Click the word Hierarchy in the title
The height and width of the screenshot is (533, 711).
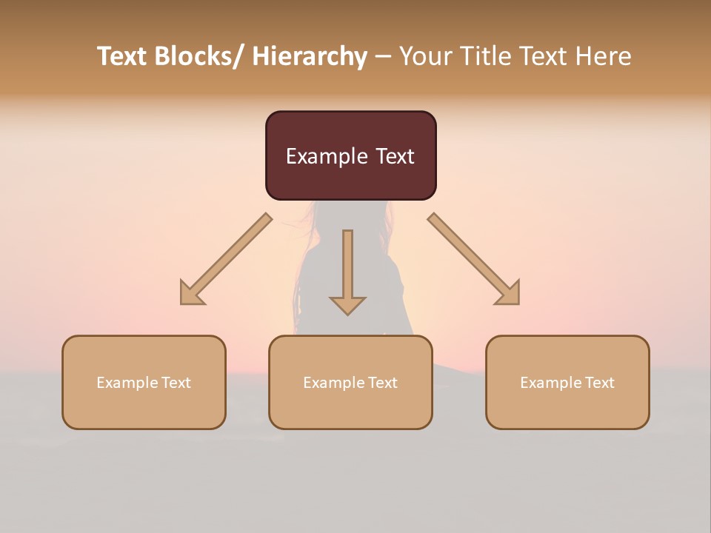pos(309,56)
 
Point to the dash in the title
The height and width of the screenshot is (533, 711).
pos(383,57)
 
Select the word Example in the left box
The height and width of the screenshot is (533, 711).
pos(127,383)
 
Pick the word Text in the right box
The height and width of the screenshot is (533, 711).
pos(599,383)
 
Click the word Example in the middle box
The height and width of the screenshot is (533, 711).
pos(334,383)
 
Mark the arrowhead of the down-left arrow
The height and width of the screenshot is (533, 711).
pos(191,294)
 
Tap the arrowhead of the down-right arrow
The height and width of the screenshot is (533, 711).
pos(509,294)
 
